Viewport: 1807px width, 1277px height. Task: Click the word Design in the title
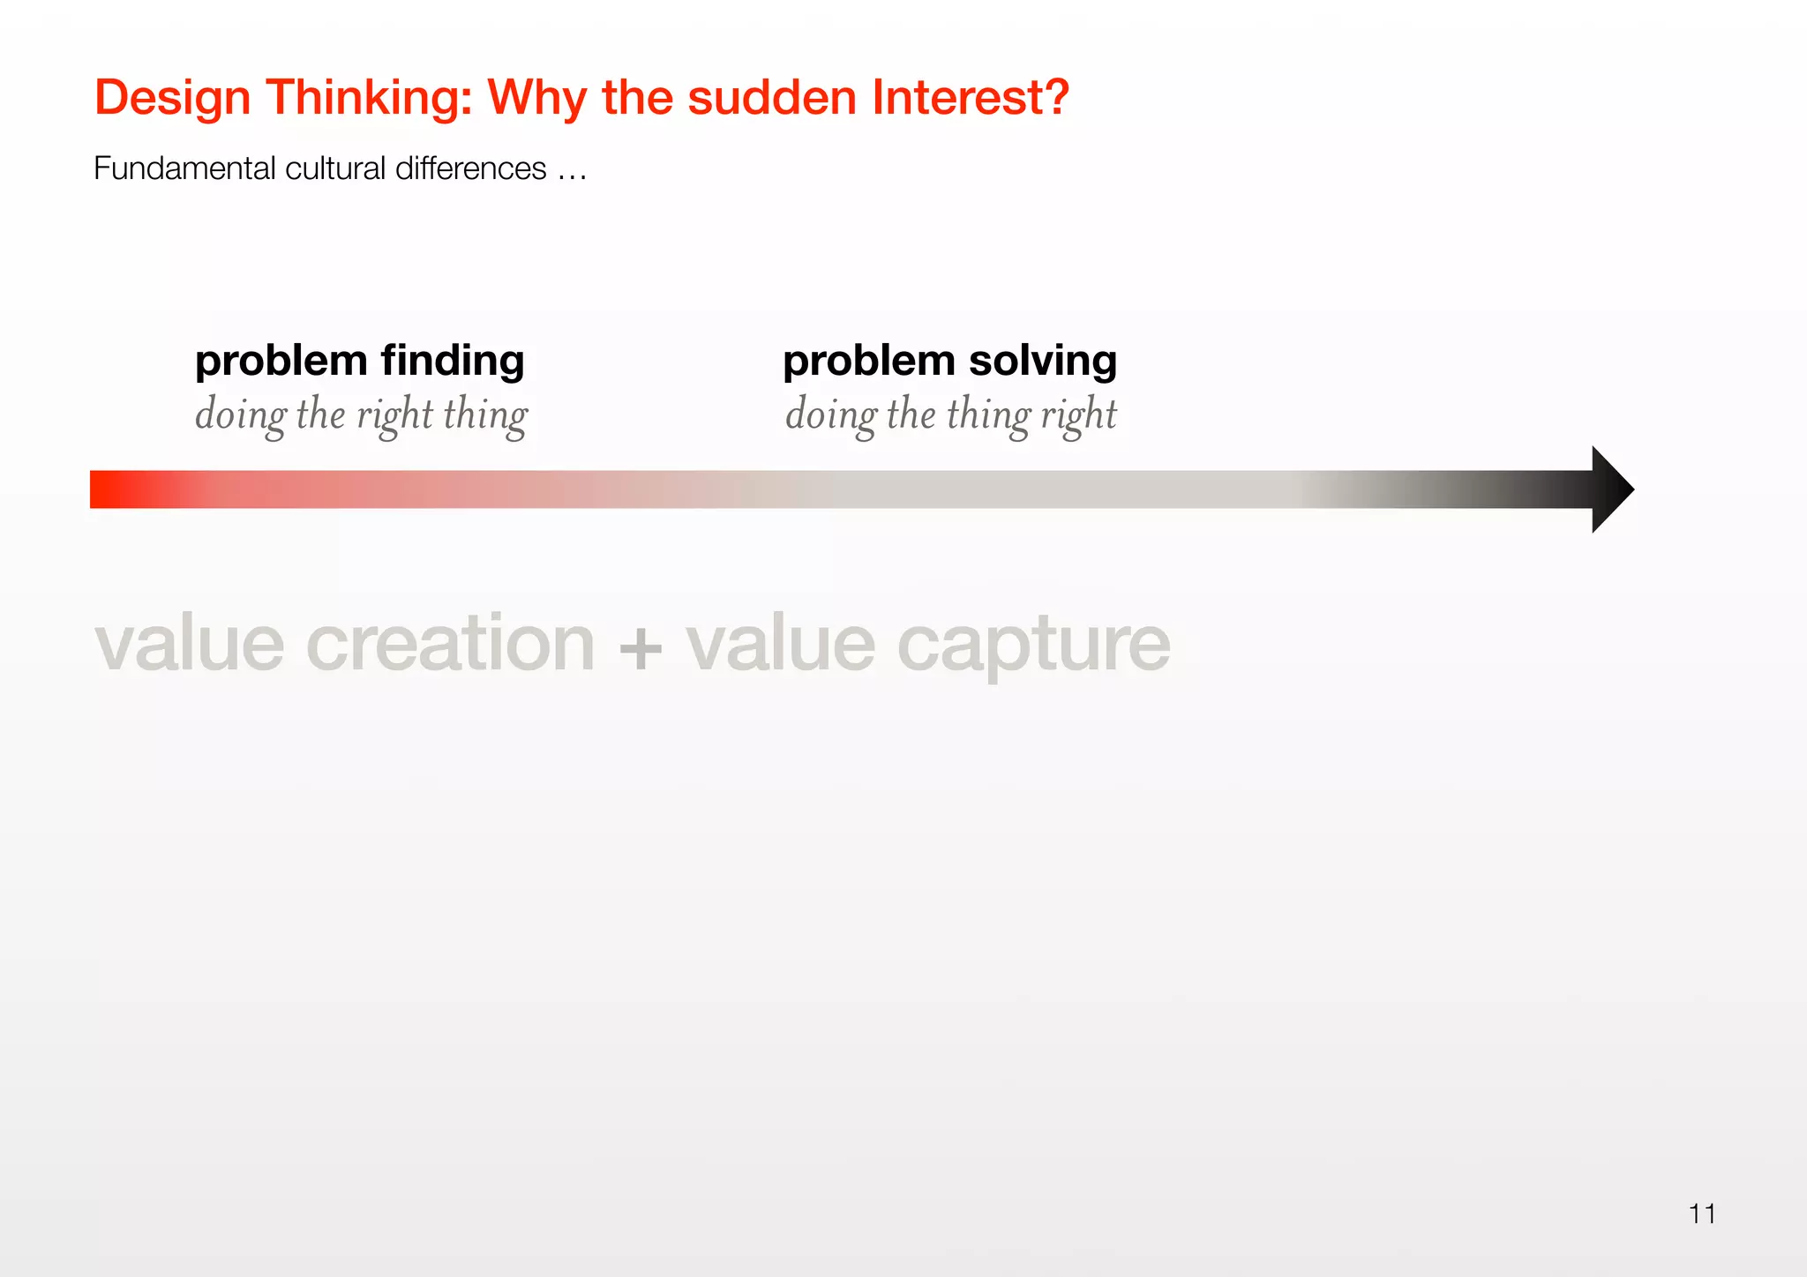[x=172, y=99]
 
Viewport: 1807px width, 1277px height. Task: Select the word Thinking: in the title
[x=370, y=99]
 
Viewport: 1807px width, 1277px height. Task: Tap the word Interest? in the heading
[x=971, y=97]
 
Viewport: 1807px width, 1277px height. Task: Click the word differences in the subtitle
[x=470, y=168]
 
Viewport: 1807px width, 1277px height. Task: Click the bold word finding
[x=453, y=362]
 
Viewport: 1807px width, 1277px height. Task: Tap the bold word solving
[x=1043, y=362]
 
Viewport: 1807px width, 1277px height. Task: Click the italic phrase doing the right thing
[x=361, y=415]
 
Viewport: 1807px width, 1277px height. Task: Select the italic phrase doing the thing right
[x=950, y=415]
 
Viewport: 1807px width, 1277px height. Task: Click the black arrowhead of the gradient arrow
[x=1610, y=489]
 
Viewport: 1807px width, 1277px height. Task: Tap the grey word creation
[x=450, y=644]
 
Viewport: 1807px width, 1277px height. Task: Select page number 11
[x=1702, y=1214]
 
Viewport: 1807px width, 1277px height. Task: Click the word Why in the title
[x=537, y=99]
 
